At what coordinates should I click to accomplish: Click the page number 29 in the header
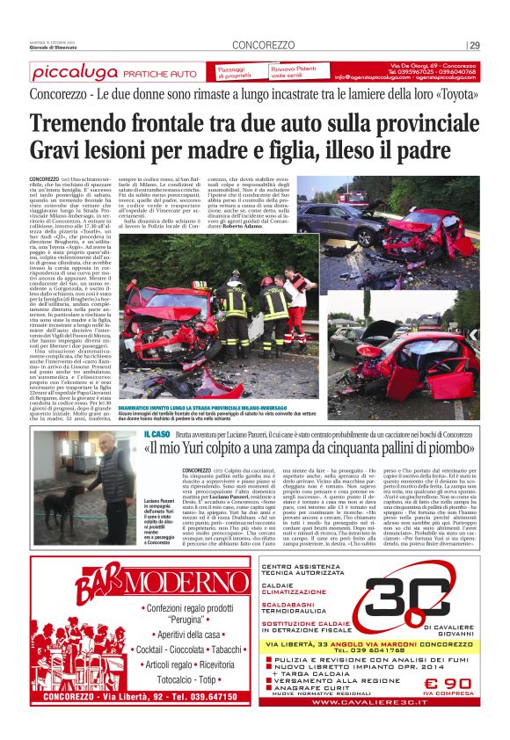(475, 46)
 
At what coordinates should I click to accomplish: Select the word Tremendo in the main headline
(82, 124)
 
